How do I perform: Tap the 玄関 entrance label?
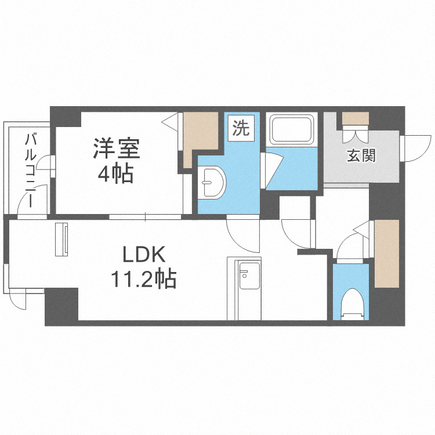point(361,155)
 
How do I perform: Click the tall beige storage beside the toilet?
point(386,253)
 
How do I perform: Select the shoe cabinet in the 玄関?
point(354,118)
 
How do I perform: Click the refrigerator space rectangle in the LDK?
point(61,238)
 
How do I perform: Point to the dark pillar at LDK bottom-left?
point(61,305)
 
